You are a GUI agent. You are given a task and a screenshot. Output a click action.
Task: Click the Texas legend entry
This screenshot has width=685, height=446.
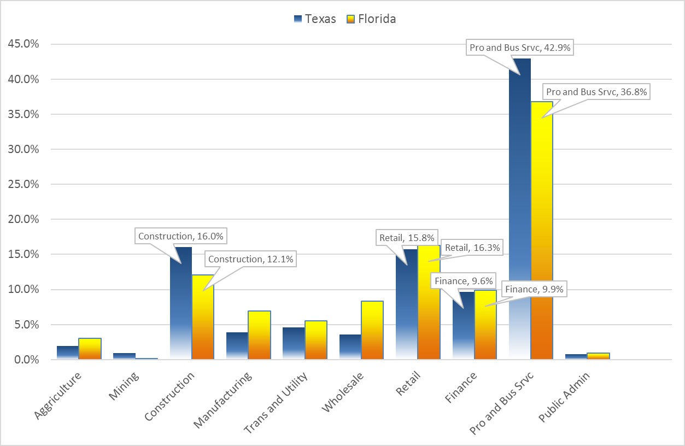pos(314,19)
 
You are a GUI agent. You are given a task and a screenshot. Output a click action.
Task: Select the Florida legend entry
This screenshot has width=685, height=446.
pos(371,19)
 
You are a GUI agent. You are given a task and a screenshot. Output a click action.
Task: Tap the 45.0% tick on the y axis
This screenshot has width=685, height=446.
pos(24,44)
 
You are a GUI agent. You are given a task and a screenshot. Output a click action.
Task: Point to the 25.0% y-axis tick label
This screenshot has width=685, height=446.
pos(24,184)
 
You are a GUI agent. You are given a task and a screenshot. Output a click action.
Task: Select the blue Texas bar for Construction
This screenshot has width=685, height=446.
pos(180,306)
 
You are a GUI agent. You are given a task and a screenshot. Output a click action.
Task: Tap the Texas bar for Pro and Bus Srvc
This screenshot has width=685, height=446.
pos(519,219)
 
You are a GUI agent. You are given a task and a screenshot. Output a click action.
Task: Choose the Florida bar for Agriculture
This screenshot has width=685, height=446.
pos(90,349)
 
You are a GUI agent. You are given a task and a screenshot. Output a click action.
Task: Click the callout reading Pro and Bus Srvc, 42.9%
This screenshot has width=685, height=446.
pos(520,48)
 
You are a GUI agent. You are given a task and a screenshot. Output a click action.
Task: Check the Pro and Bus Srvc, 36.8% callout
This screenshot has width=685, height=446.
pos(596,92)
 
